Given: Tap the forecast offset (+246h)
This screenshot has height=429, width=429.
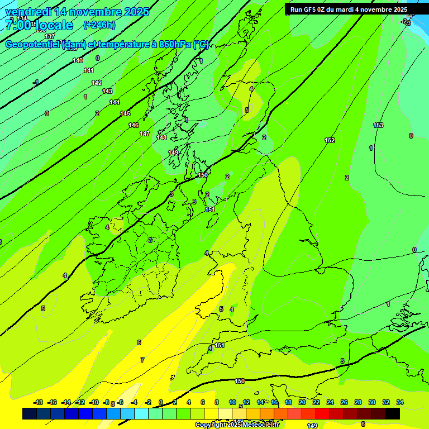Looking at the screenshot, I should [x=99, y=25].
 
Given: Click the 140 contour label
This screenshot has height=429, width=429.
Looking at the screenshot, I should [x=78, y=60].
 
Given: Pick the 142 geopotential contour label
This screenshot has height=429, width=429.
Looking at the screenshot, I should [x=97, y=83].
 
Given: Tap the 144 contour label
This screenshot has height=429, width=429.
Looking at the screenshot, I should [x=115, y=102].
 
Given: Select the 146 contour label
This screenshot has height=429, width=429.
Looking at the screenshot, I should [x=134, y=125].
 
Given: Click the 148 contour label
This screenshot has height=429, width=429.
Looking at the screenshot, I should [x=162, y=137].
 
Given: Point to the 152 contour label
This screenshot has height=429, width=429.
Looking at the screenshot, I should [x=330, y=140].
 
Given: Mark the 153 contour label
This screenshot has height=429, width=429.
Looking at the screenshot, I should [x=378, y=125].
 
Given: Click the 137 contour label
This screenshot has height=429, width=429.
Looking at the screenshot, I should [x=50, y=36].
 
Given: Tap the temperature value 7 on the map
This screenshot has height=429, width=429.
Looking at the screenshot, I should [x=142, y=360].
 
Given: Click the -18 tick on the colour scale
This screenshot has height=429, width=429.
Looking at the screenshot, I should [x=39, y=402].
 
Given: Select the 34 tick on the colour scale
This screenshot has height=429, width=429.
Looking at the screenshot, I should [x=400, y=402].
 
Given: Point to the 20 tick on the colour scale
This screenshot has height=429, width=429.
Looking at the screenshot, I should [x=302, y=402].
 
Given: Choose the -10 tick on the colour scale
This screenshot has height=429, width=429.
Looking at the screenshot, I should [x=94, y=402].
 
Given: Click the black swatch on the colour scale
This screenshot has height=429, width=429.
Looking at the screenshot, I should [x=393, y=413].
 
